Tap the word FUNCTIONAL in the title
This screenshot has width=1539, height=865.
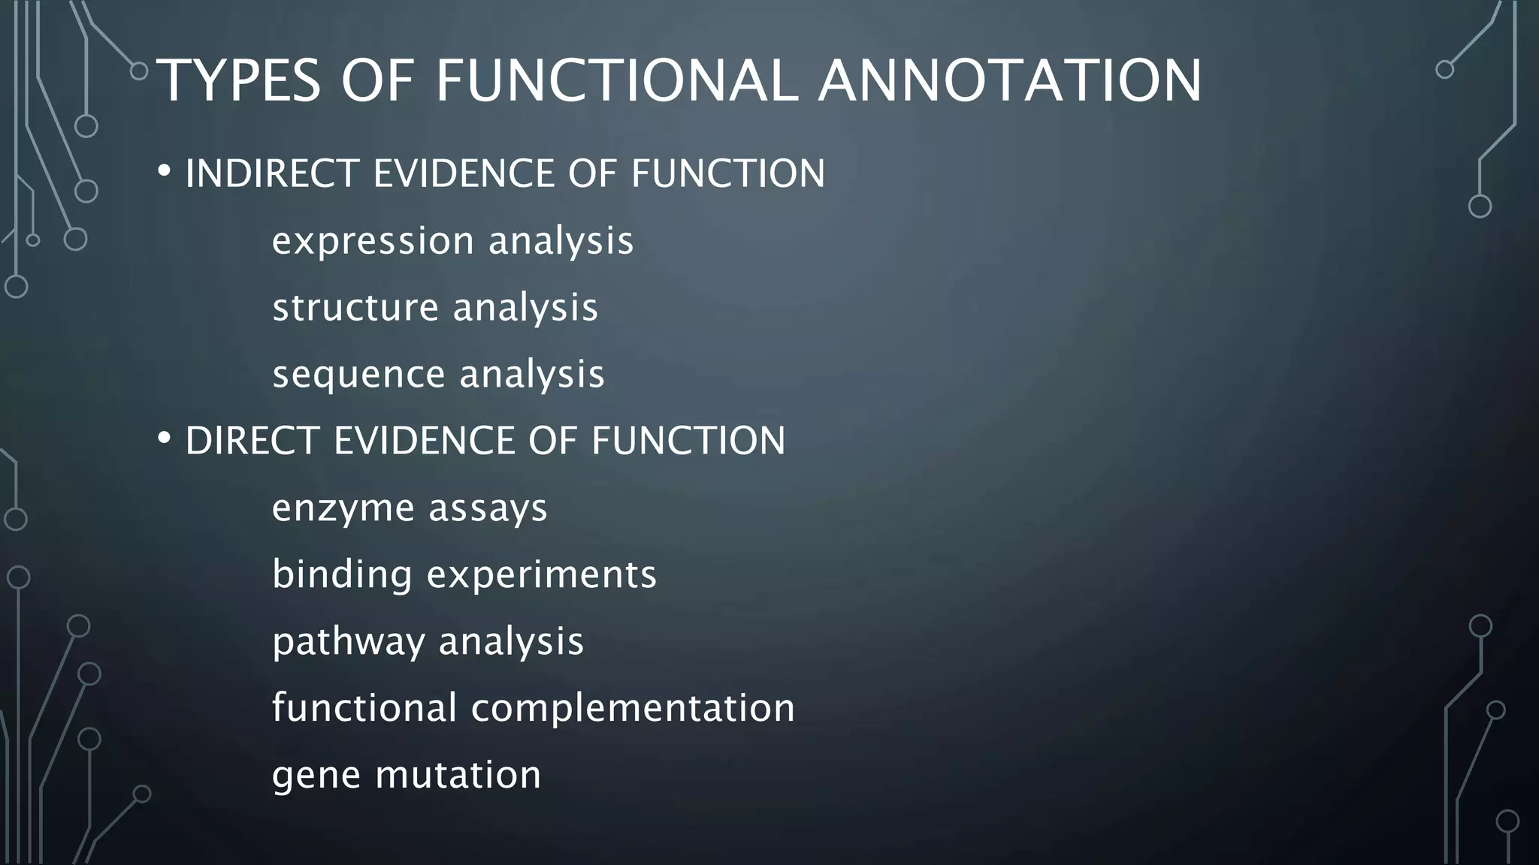click(616, 80)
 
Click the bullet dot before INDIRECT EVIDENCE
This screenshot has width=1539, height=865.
click(164, 172)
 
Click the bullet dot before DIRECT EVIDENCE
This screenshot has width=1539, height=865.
click(164, 439)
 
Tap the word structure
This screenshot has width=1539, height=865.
click(355, 308)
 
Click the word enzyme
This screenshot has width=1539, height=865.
click(342, 509)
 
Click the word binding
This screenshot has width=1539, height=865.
click(342, 574)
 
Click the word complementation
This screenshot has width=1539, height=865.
click(632, 708)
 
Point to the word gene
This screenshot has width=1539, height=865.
click(316, 776)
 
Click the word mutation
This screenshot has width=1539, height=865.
click(458, 774)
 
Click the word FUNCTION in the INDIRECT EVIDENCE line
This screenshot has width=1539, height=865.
click(727, 173)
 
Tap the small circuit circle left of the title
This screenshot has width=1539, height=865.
click(139, 71)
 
